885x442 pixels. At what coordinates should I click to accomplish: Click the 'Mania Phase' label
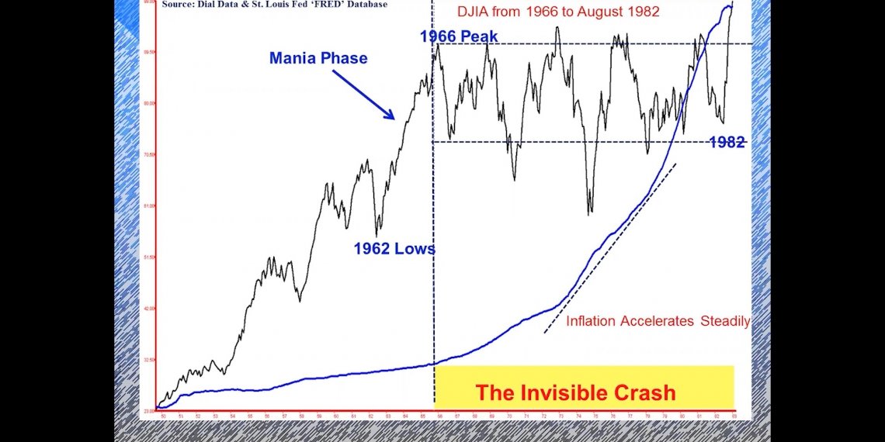318,58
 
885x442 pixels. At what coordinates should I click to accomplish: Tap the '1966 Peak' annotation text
459,36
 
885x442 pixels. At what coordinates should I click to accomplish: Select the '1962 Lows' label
394,249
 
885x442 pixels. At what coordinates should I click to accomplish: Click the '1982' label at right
727,142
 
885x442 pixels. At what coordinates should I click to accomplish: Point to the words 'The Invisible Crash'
575,392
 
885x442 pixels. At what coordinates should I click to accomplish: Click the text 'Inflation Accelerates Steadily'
658,321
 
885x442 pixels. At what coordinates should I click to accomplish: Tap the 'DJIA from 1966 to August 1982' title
557,12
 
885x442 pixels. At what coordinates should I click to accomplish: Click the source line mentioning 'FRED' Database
275,4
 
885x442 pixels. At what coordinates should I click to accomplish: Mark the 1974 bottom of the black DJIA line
590,212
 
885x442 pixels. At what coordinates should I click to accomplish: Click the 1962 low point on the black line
377,235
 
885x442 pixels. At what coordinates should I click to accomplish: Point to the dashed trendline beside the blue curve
609,248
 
